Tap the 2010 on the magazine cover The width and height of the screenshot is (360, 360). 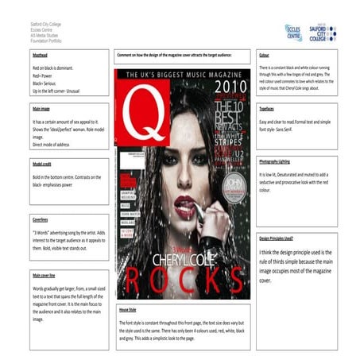[x=227, y=85]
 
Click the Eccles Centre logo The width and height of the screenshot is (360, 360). [x=293, y=33]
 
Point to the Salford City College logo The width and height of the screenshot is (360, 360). [x=323, y=33]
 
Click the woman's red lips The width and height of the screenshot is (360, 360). [x=184, y=202]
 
